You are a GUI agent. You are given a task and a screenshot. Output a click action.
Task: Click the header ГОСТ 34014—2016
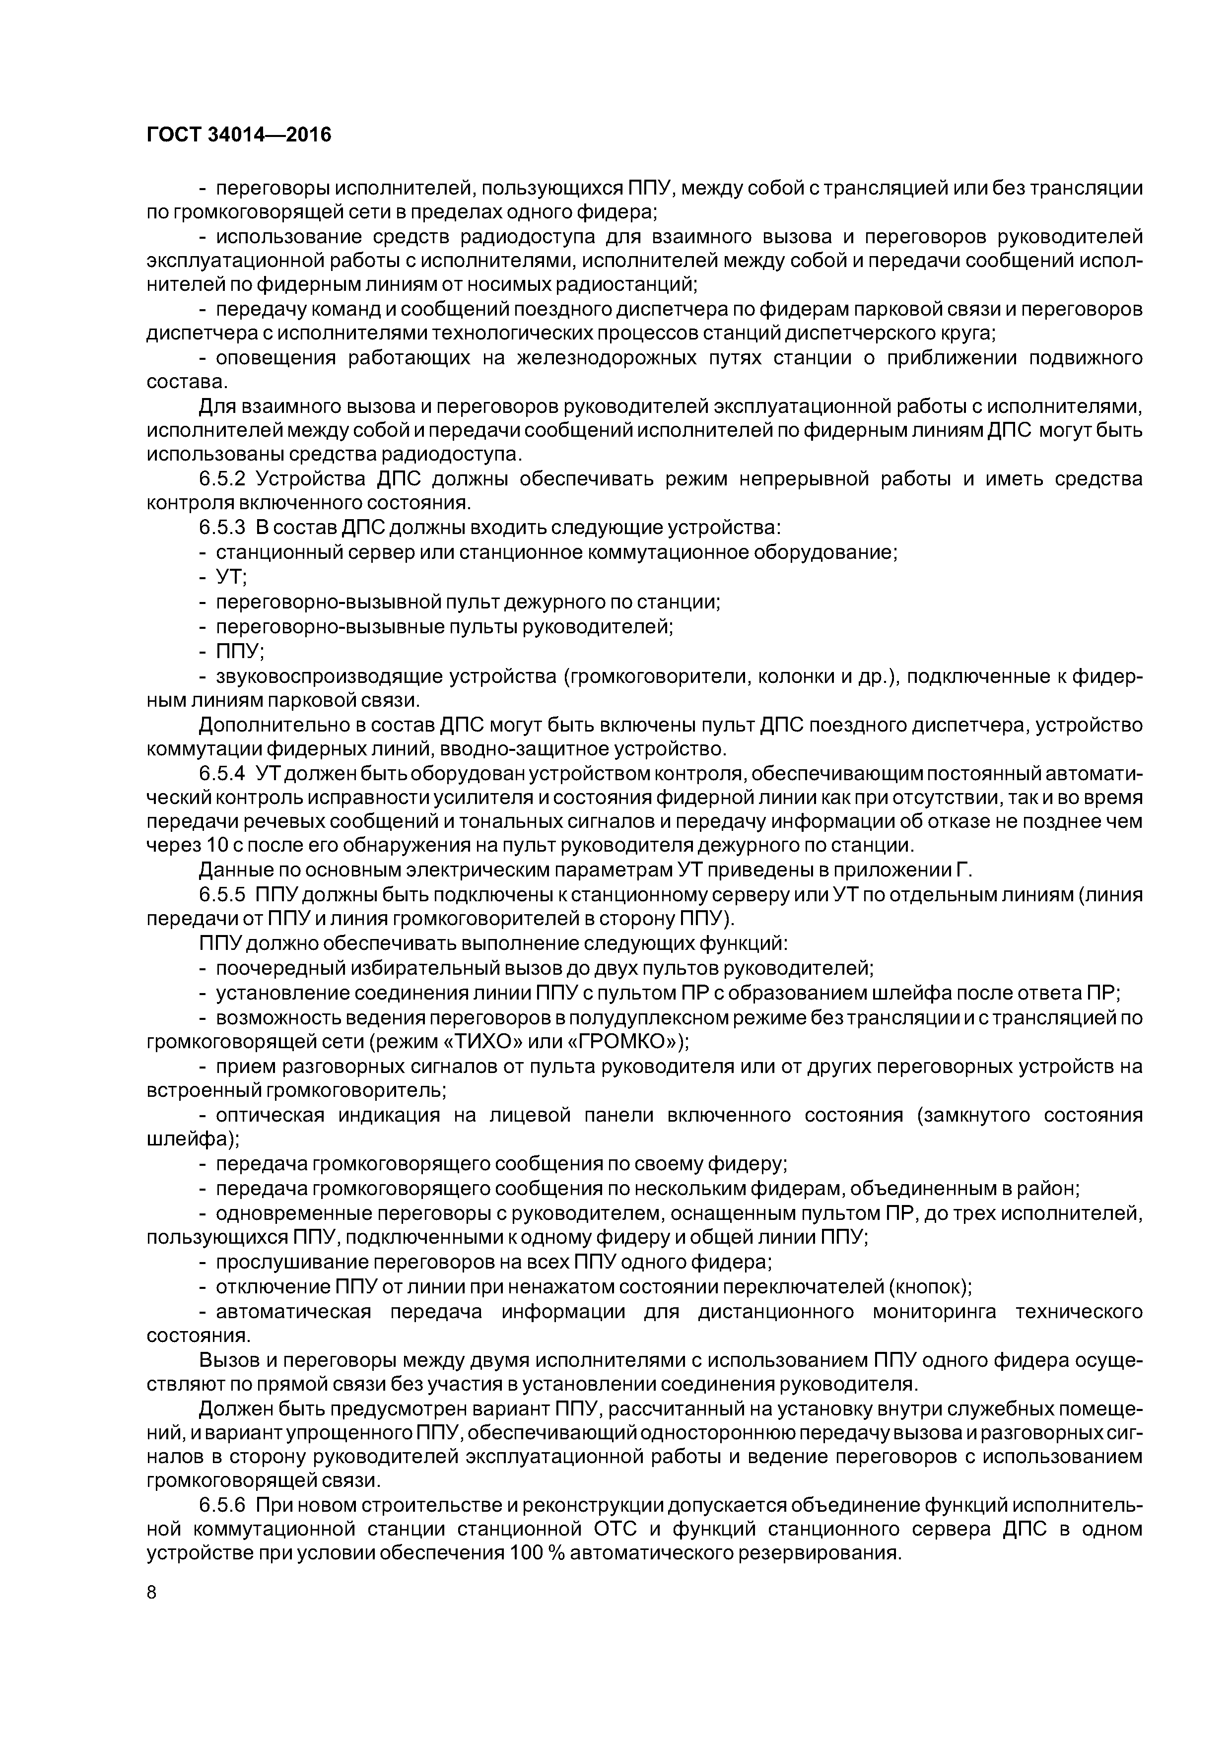coord(239,135)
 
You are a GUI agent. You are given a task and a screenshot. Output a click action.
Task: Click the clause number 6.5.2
coord(222,479)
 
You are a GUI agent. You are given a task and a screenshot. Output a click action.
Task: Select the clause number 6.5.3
coord(222,528)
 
